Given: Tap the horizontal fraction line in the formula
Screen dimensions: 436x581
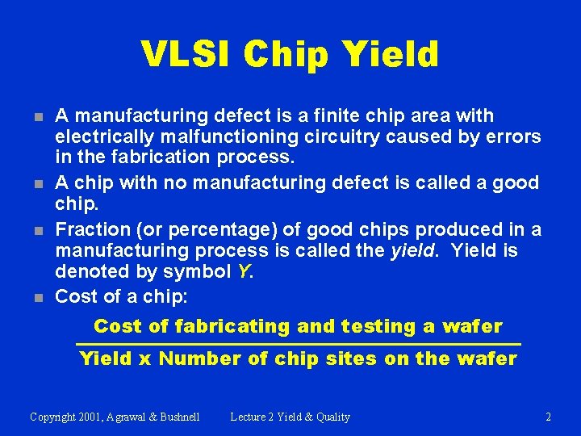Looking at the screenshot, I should click(299, 345).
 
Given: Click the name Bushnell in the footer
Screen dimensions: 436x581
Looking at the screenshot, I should click(177, 417).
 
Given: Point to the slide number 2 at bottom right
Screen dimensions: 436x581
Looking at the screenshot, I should click(548, 417).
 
